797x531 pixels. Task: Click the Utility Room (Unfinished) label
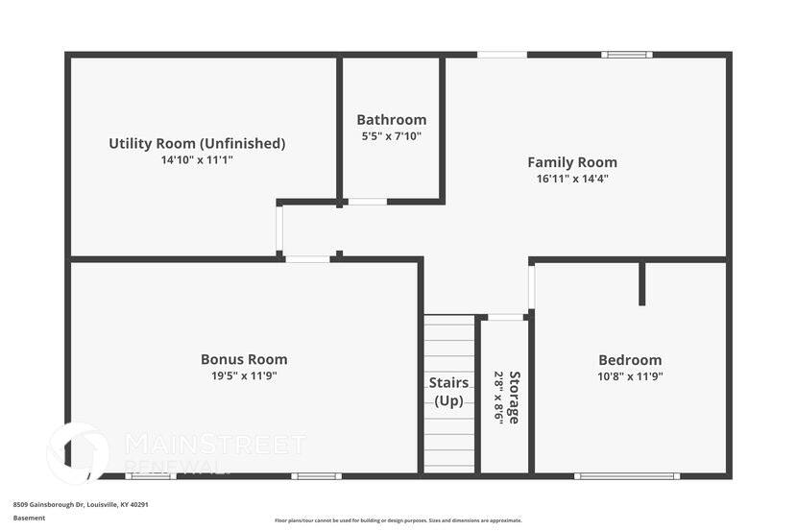197,144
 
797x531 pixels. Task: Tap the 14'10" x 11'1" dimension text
197,160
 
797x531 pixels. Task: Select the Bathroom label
391,120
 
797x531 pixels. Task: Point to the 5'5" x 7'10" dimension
391,136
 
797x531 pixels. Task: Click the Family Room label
571,162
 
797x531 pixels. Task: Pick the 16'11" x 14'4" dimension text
571,178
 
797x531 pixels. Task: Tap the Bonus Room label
244,359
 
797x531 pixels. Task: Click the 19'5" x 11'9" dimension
244,375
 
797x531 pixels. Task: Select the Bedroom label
629,360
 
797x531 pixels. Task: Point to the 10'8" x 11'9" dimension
629,376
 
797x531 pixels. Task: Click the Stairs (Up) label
448,391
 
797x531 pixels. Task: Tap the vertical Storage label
515,398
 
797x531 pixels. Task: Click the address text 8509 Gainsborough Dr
81,504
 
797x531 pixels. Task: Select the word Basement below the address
29,518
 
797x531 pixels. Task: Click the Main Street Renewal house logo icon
79,452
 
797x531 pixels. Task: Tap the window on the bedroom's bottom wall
627,475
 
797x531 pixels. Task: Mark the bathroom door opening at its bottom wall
366,202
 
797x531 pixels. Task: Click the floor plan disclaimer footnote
398,520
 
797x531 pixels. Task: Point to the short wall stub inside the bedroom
642,283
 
